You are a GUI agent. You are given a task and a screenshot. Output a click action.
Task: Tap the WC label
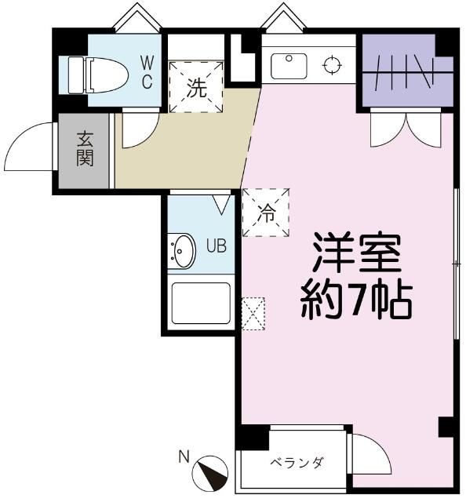point(147,70)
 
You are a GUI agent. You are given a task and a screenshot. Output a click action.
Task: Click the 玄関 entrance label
point(85,150)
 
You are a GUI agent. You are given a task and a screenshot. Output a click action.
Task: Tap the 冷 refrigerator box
point(265,212)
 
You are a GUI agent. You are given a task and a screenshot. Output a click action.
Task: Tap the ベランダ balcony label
point(292,463)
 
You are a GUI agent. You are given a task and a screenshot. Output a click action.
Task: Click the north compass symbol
point(210,472)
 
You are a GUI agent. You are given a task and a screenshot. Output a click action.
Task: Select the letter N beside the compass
point(183,456)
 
